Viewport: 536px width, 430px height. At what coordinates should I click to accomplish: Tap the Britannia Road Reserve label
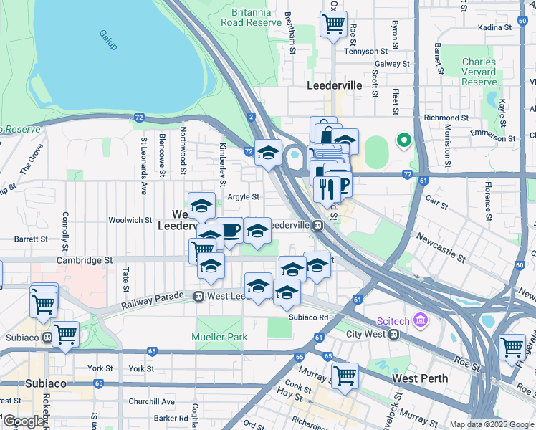(x=252, y=17)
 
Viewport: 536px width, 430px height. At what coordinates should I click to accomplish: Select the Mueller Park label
(x=219, y=337)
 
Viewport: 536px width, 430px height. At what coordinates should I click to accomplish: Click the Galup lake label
(x=108, y=34)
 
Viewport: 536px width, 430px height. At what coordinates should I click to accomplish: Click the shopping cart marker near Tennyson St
(x=334, y=24)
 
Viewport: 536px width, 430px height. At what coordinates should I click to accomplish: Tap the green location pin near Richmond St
(x=403, y=140)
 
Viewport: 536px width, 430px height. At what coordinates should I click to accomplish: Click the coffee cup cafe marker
(x=230, y=231)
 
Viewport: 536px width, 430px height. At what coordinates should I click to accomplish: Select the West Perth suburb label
(x=421, y=378)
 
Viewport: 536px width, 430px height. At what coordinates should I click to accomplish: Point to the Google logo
(x=24, y=421)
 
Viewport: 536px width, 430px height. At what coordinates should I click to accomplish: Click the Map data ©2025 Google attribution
(x=492, y=424)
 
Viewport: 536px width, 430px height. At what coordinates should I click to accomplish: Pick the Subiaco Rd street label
(x=308, y=317)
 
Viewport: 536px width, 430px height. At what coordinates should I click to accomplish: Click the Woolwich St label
(x=130, y=220)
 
